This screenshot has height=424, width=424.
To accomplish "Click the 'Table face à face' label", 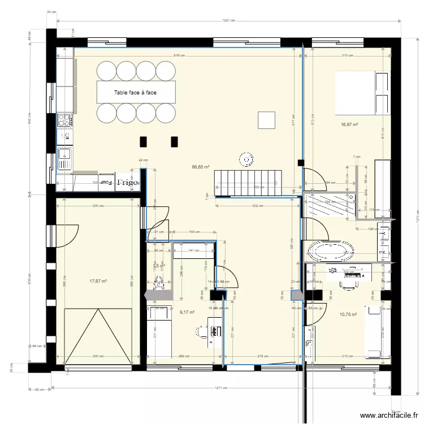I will click(136, 92).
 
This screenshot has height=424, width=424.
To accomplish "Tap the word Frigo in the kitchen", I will click(127, 182).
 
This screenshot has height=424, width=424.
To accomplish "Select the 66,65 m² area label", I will click(201, 167).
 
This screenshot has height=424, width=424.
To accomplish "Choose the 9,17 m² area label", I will click(187, 311).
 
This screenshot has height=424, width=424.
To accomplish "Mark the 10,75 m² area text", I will click(348, 314).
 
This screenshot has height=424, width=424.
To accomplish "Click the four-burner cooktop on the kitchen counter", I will click(64, 120).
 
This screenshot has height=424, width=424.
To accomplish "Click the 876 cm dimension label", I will click(179, 55).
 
